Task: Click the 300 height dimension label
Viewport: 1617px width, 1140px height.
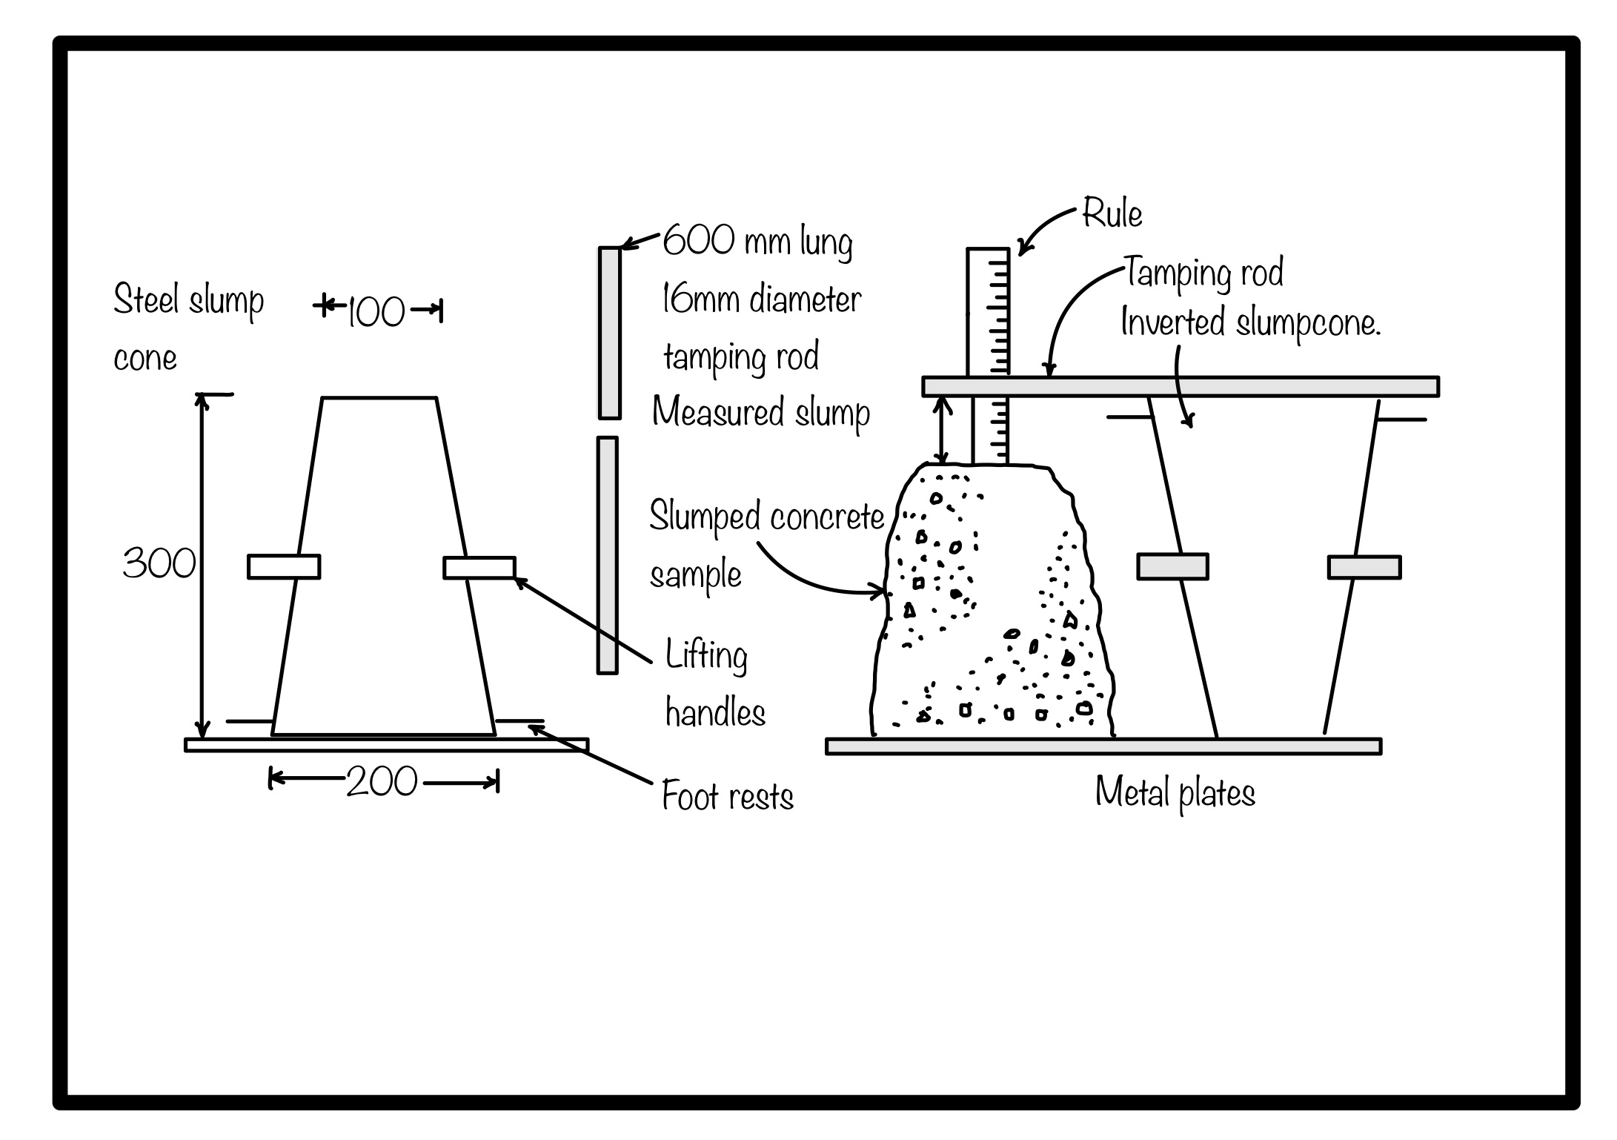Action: tap(159, 564)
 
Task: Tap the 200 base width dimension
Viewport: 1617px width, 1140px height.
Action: tap(382, 782)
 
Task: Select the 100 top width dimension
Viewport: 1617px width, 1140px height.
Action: tap(376, 311)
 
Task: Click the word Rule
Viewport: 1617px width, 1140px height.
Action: tap(1112, 213)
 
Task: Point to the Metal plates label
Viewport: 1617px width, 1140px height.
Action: tap(1175, 793)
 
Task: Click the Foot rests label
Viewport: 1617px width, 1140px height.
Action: tap(727, 798)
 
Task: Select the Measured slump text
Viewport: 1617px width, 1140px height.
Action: tap(761, 413)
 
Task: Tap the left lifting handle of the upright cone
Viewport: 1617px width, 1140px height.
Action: tap(284, 567)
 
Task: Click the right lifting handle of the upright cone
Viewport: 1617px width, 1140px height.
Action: tap(479, 568)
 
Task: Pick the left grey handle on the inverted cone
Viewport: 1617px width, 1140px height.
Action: tap(1172, 567)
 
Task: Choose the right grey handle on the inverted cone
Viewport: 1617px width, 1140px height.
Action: tap(1364, 568)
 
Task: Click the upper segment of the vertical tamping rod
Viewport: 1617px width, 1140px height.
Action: tap(609, 333)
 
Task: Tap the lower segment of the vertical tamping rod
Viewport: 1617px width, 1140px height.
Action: tap(608, 555)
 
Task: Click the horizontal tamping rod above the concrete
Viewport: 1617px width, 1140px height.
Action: tap(1180, 387)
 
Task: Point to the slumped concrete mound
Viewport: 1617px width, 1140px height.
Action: tap(993, 608)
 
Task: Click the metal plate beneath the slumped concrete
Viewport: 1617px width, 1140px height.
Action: tap(1103, 746)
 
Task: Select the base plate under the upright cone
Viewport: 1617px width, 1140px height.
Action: tap(386, 745)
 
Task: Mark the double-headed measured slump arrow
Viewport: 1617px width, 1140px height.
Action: tap(942, 430)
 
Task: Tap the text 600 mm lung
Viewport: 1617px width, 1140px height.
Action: tap(757, 241)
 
